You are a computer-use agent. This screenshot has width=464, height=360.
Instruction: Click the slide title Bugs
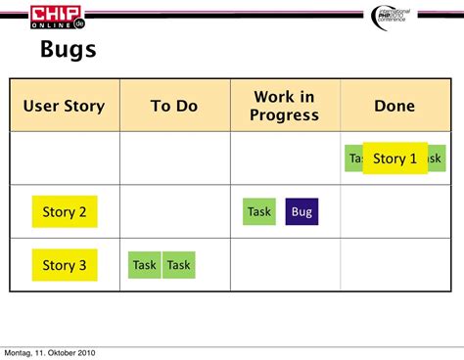[x=69, y=49]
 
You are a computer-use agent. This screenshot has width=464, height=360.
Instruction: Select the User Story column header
[x=65, y=106]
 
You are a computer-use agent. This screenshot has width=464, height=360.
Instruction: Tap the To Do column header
[x=174, y=106]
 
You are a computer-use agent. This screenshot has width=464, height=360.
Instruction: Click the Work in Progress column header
[x=285, y=106]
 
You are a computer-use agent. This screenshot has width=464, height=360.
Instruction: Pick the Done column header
[x=394, y=106]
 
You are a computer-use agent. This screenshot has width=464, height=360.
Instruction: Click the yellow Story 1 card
[x=394, y=158]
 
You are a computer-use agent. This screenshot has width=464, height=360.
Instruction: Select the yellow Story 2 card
[x=65, y=211]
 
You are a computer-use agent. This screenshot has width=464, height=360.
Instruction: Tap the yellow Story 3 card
[x=65, y=264]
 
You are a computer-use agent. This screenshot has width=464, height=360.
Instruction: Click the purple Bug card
[x=302, y=211]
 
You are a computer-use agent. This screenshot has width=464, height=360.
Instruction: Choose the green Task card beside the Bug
[x=259, y=211]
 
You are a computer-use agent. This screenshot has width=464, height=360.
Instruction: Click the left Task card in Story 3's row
[x=145, y=264]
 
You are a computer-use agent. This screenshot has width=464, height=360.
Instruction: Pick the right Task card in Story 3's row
[x=179, y=264]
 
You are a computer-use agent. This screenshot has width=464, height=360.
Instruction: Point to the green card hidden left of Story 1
[x=353, y=158]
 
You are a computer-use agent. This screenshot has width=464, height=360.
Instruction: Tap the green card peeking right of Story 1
[x=436, y=158]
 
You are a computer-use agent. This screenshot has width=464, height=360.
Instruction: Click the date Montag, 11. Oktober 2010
[x=50, y=352]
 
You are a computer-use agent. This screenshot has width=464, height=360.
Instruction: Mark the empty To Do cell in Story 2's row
[x=174, y=211]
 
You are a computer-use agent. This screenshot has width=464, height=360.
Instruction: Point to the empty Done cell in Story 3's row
[x=394, y=264]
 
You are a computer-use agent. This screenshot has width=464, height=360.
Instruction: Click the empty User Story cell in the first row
[x=65, y=158]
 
